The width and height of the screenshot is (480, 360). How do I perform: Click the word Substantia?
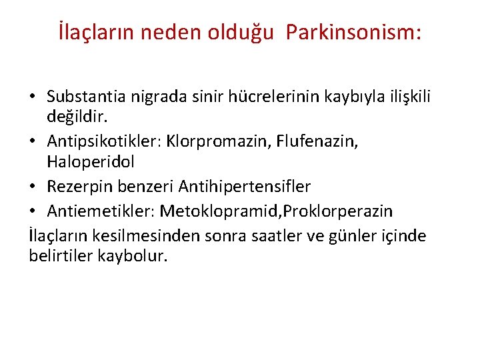[x=91, y=98]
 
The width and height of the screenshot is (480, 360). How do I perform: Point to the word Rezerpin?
[x=77, y=187]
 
